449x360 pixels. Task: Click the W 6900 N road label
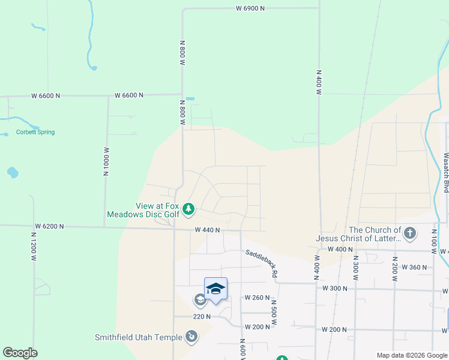(250, 8)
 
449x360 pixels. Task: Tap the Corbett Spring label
(35, 132)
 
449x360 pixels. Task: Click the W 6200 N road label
(49, 226)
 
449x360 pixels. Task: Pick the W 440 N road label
(207, 230)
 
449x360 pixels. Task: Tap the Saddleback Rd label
(261, 263)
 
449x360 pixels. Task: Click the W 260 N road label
(257, 298)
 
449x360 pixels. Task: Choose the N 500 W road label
(273, 313)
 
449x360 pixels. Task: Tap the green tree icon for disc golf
(189, 209)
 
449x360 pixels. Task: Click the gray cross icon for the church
(410, 233)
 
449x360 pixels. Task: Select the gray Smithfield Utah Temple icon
(191, 337)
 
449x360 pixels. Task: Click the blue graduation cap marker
(215, 289)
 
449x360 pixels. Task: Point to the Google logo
(20, 353)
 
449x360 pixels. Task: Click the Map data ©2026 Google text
(412, 355)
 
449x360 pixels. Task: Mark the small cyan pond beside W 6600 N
(190, 98)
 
